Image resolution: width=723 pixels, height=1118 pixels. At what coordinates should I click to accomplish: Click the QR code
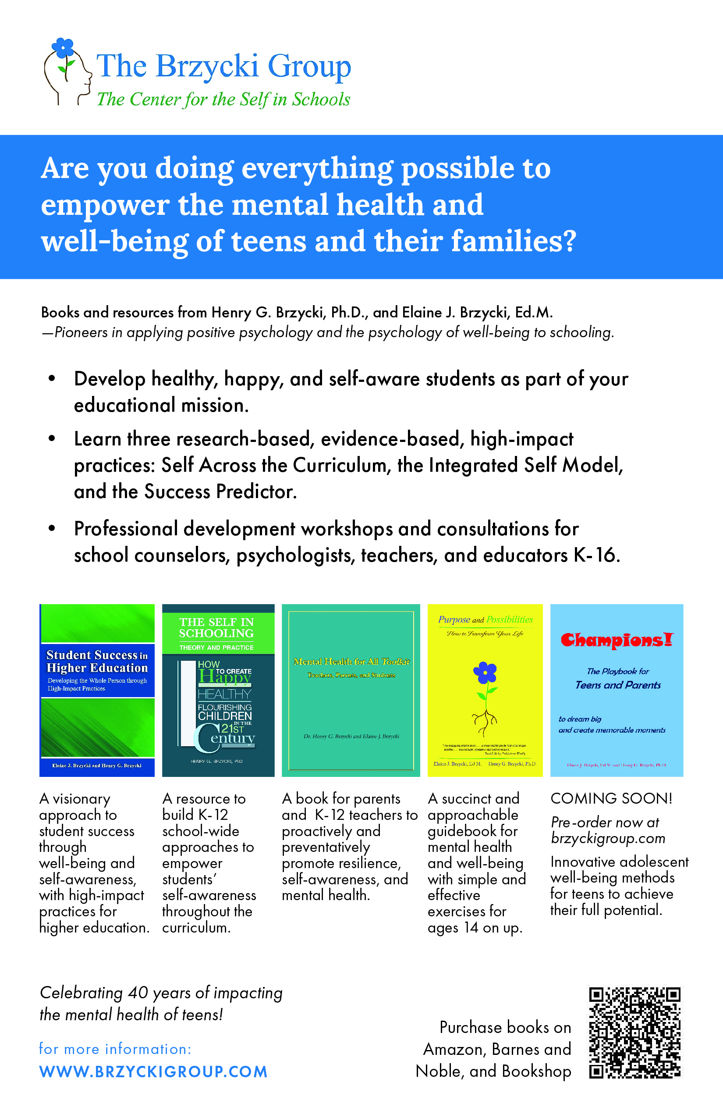coord(634,1033)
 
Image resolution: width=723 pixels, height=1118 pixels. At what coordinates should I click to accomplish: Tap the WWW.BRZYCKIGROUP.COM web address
coord(153,1072)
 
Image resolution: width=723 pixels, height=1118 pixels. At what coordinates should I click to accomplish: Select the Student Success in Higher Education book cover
coord(97,690)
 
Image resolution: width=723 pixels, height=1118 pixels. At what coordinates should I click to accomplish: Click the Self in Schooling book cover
coord(218,690)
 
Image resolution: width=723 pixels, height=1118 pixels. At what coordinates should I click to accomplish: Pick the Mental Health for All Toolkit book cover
coord(351,690)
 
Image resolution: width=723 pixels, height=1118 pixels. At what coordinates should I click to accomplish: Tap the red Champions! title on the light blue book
coord(617,640)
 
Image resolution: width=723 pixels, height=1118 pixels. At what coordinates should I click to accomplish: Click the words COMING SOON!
coord(611,798)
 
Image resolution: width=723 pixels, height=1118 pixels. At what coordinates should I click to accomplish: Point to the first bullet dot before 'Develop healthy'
coord(52,379)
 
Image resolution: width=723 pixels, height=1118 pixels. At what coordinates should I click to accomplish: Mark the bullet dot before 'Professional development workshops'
coord(52,528)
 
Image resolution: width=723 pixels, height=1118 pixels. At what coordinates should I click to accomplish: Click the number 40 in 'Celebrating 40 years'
coord(138,993)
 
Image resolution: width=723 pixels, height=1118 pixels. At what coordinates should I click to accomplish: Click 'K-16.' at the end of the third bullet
coord(597,555)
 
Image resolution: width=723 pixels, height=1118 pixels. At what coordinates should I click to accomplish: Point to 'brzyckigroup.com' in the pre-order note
coord(608,838)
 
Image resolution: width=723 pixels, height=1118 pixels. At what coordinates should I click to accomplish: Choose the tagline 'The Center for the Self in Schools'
coord(223,100)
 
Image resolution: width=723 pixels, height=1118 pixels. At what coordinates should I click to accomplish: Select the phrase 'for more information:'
coord(115,1049)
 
